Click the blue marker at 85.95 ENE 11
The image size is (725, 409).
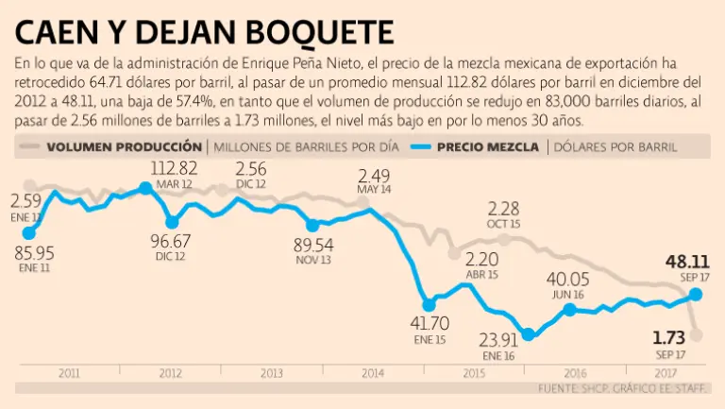[x=28, y=232]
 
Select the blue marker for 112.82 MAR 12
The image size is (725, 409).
[x=144, y=188]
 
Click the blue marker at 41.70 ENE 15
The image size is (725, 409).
[x=429, y=304]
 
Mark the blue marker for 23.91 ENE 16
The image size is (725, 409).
[x=529, y=333]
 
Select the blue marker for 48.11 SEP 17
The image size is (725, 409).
[x=696, y=294]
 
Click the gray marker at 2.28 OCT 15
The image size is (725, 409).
[x=505, y=238]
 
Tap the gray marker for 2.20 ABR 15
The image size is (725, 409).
[x=455, y=253]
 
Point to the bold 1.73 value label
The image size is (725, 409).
[x=669, y=337]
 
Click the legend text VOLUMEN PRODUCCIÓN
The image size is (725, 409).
[x=124, y=146]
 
